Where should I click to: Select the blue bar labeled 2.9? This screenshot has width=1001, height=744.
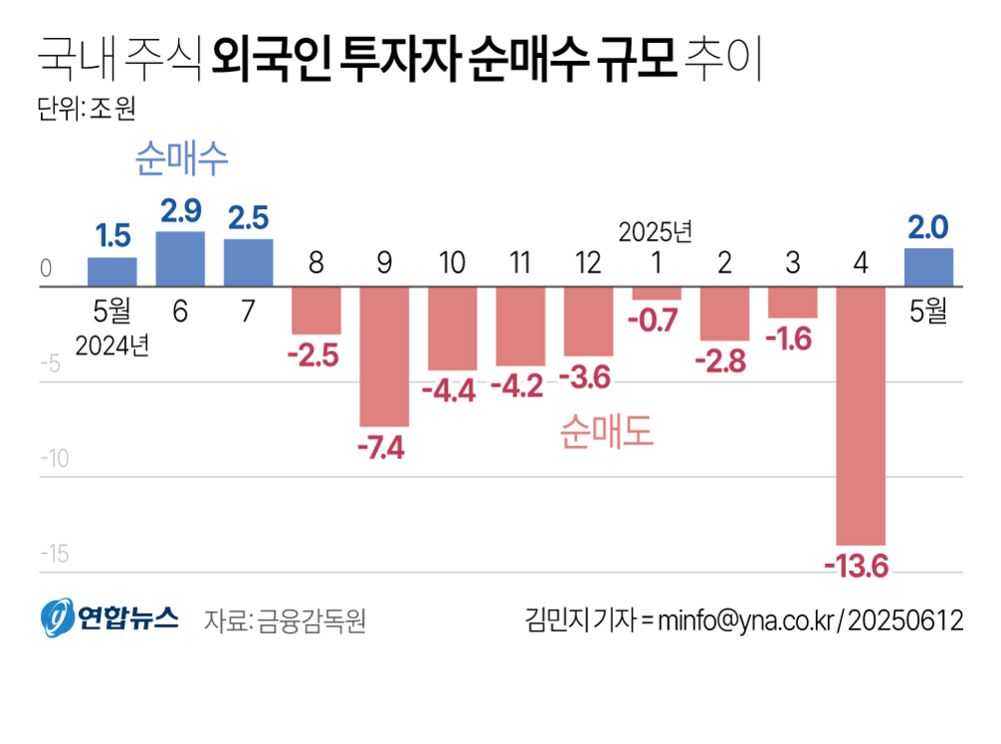pos(180,259)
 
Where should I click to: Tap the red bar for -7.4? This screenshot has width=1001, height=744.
pos(384,357)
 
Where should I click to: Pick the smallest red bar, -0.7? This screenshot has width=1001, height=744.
pos(657,293)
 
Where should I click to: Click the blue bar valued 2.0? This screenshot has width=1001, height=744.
pos(928,267)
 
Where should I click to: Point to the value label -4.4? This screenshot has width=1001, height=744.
pos(453,391)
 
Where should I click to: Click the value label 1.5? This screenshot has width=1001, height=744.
pos(112,236)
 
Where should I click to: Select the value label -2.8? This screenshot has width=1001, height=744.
pos(724,362)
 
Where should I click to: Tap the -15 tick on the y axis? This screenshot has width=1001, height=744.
pos(54,554)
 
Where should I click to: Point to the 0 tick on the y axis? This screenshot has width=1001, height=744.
pos(46,269)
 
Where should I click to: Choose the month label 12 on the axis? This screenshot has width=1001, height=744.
pos(588,263)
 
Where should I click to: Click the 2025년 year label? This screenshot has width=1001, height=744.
pos(655,232)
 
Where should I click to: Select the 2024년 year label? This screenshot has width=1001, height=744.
pos(112,346)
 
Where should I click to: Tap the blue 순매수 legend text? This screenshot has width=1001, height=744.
pos(182,158)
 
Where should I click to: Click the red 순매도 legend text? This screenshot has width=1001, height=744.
pos(606,430)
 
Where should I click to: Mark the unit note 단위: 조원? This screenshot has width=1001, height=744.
pos(85,109)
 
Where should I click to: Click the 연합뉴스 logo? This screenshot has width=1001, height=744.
pos(109,618)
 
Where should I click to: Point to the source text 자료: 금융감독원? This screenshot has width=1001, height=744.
pos(286,620)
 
